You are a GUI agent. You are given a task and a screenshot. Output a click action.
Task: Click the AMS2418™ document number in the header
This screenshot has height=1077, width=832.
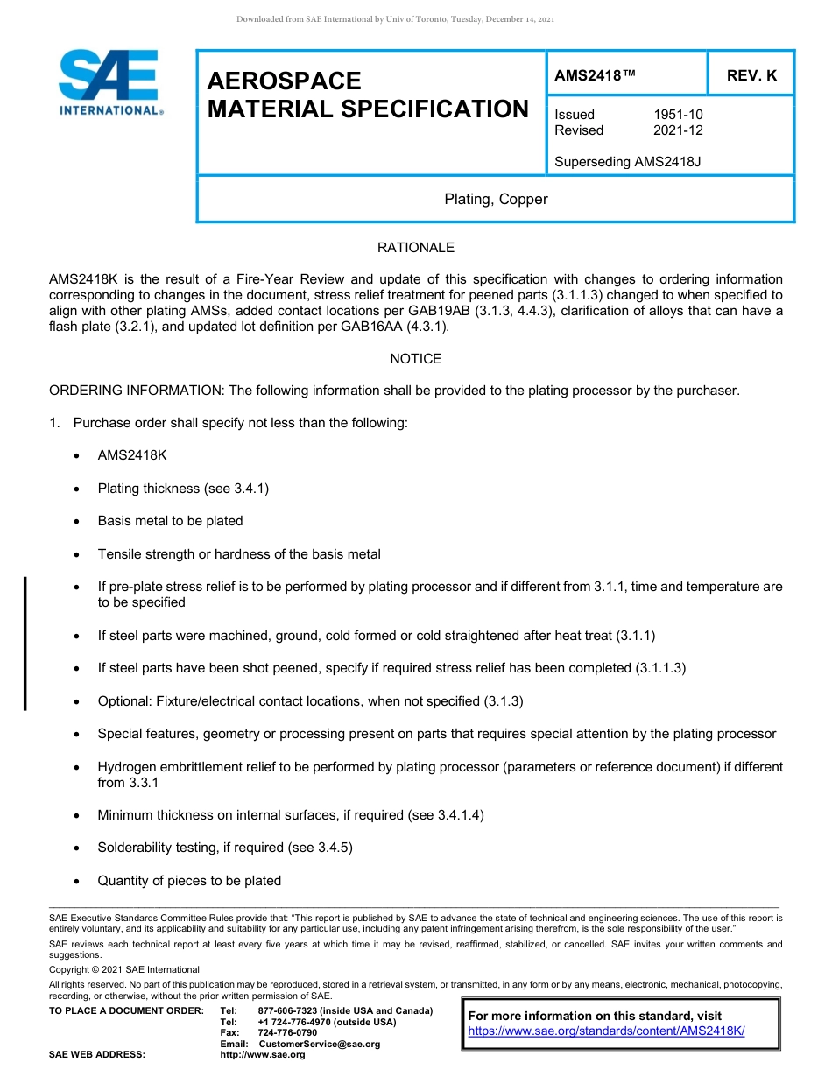tap(596, 76)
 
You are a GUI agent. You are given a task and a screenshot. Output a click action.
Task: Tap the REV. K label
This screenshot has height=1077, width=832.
tap(751, 76)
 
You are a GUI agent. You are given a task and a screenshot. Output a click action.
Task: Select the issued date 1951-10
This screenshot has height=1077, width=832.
tap(678, 115)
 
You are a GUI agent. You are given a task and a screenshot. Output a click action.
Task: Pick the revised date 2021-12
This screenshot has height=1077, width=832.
tap(678, 130)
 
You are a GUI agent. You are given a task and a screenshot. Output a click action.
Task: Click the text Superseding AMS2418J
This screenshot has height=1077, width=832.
tap(628, 162)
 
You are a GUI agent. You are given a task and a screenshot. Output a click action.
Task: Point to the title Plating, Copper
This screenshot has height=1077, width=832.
tap(496, 200)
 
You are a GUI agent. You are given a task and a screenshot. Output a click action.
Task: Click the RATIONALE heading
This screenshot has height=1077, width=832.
tap(416, 249)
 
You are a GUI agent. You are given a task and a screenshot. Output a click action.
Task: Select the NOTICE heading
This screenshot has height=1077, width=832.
tap(416, 359)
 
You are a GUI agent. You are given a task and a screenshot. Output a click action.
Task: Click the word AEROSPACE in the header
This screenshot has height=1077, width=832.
tap(284, 81)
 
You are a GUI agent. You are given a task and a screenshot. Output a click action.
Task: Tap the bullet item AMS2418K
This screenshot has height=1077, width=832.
tap(132, 456)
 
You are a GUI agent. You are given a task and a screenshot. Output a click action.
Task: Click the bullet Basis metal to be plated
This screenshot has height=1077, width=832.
tap(170, 521)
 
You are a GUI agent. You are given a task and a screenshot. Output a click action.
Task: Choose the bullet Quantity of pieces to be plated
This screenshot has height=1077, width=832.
tap(189, 881)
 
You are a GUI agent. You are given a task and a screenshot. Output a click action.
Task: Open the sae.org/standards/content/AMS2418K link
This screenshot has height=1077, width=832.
tap(606, 1031)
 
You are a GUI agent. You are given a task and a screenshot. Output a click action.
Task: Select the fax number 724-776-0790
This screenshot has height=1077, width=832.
tap(287, 1033)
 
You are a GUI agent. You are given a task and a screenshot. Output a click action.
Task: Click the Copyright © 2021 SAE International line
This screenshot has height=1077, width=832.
tap(124, 970)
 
